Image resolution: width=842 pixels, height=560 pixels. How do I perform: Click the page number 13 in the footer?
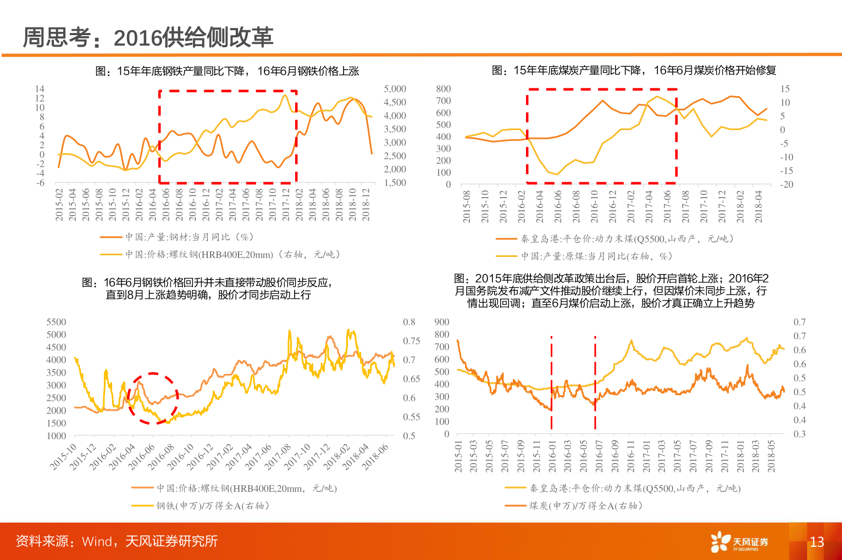pos(817,542)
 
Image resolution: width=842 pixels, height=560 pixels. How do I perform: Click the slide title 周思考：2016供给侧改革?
pos(148,37)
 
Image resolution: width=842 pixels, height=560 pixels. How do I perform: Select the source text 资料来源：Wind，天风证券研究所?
pos(117,541)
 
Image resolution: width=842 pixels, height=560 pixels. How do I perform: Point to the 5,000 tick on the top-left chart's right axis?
pos(395,89)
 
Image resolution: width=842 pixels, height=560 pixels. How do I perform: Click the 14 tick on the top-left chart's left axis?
pos(40,89)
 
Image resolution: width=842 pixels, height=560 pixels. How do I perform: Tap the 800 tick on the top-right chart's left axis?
pos(443,89)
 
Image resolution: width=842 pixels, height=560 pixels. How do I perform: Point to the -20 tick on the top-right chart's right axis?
pos(786,184)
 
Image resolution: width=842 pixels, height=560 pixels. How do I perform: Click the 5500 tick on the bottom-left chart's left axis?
pos(56,322)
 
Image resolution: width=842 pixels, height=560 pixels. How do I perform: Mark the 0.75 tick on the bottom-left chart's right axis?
pos(411,341)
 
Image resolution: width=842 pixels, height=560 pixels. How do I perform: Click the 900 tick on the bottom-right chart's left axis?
pos(441,322)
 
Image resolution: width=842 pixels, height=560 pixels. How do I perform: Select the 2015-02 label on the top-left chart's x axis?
pos(59,205)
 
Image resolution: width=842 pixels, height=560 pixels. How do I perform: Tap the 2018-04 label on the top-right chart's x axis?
pos(758,206)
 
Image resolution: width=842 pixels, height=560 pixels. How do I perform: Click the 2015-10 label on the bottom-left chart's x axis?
pos(64,457)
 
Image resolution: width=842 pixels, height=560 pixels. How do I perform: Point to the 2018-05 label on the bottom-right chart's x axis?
pos(771,456)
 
